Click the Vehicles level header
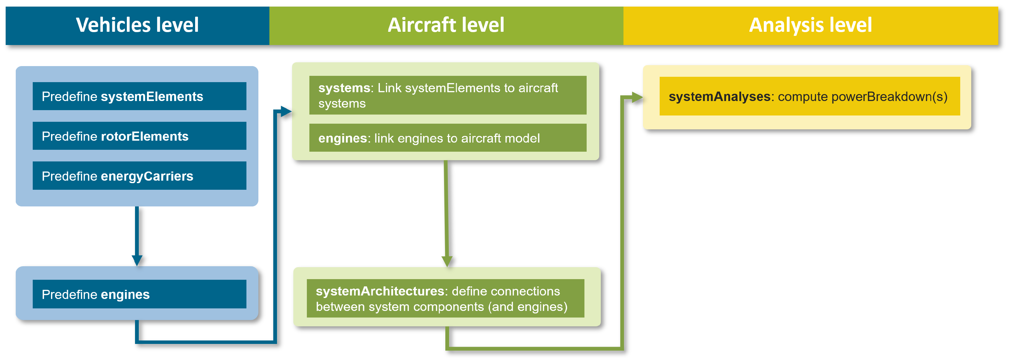[137, 25]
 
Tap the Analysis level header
[810, 25]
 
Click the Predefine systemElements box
[139, 96]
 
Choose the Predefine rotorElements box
[139, 136]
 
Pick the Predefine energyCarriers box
[139, 176]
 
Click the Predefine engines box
[139, 294]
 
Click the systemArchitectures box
[445, 299]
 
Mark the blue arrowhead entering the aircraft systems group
[286, 112]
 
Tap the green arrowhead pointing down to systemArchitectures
[447, 261]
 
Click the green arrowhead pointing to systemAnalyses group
[637, 97]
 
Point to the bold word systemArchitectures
[380, 291]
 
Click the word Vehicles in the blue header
[113, 25]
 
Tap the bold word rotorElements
[144, 136]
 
